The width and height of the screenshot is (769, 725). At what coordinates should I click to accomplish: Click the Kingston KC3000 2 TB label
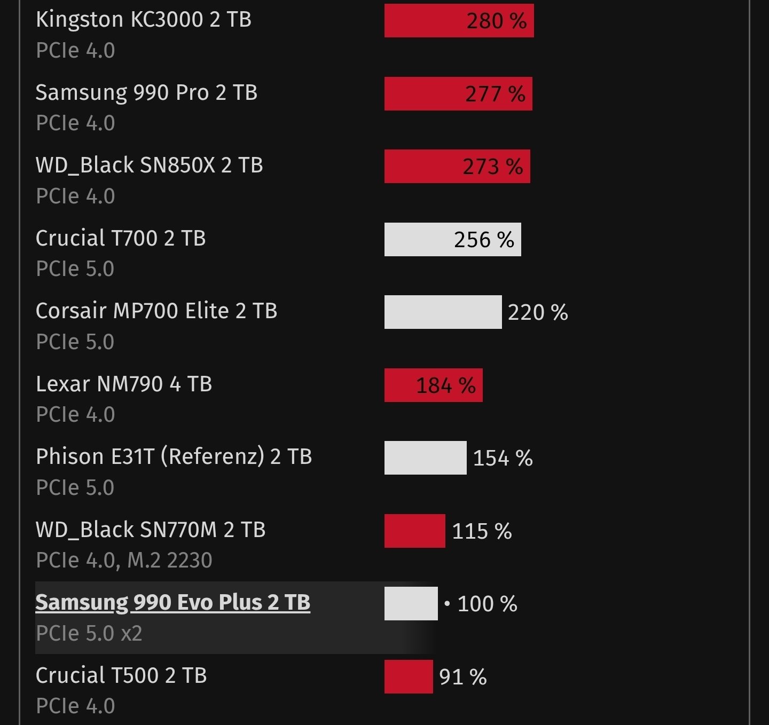(x=143, y=20)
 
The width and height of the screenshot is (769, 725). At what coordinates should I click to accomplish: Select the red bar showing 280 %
(x=459, y=21)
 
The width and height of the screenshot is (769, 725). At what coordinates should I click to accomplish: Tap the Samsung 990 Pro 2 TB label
(x=146, y=93)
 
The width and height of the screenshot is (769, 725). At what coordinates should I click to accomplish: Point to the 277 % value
(x=495, y=94)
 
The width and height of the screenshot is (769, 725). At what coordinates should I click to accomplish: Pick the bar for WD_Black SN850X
(x=457, y=167)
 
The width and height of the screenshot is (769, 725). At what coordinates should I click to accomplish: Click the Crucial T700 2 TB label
(x=121, y=239)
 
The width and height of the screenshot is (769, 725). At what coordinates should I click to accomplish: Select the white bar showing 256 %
(x=452, y=240)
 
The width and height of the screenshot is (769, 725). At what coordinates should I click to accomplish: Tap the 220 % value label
(x=538, y=312)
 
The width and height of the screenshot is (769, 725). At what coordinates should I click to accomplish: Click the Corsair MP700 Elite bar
(x=443, y=312)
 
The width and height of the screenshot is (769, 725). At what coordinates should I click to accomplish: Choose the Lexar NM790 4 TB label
(x=124, y=384)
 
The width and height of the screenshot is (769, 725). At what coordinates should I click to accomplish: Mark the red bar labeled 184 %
(x=433, y=385)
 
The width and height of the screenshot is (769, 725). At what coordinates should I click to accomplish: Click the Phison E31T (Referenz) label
(x=174, y=457)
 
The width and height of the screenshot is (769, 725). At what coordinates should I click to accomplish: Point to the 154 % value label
(x=503, y=458)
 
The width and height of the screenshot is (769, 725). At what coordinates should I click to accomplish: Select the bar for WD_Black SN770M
(x=414, y=531)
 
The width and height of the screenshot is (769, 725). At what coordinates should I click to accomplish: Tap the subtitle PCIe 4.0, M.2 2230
(x=124, y=561)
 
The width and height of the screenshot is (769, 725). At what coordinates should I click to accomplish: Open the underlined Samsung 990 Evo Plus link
(x=172, y=603)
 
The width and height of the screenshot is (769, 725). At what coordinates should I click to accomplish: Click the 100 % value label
(x=487, y=604)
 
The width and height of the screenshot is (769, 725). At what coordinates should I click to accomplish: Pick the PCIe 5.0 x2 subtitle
(x=89, y=634)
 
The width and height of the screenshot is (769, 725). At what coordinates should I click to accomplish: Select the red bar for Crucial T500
(x=409, y=677)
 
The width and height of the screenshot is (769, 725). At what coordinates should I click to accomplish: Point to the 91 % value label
(x=462, y=677)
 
